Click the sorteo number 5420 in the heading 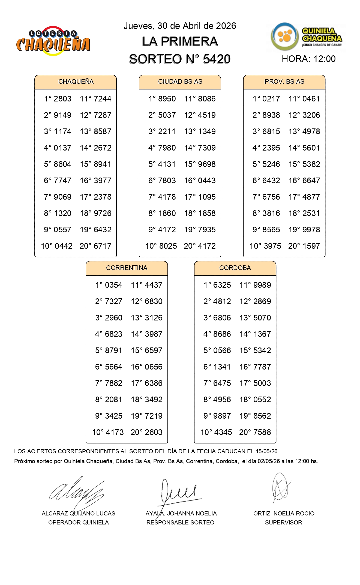pos(217,59)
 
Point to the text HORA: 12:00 pos(308,59)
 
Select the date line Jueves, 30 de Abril pos(180,26)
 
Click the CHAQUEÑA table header pos(76,82)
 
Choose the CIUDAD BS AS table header pos(180,82)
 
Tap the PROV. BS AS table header pos(284,82)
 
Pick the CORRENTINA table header pos(127,268)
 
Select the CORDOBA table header pos(235,268)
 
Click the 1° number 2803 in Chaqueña pos(62,99)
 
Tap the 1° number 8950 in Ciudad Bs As pos(167,99)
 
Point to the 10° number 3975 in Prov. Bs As pos(271,246)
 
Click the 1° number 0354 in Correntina pos(113,285)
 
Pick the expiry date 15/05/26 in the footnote pos(267,451)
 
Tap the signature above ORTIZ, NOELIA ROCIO pos(281,488)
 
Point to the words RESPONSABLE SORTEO pos(180,523)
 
